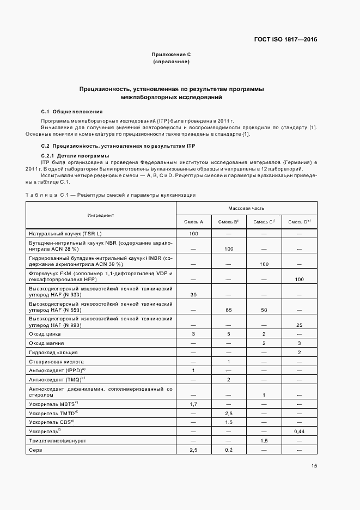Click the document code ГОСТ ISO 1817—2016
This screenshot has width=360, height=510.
tap(285, 39)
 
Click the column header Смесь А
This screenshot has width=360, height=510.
tap(193, 222)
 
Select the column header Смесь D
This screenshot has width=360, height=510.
tap(299, 222)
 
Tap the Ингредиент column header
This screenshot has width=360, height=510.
tap(101, 215)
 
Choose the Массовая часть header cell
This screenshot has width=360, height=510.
tap(246, 208)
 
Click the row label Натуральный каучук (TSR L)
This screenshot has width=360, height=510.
tap(65, 233)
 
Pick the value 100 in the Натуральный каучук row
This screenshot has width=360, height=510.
tap(193, 233)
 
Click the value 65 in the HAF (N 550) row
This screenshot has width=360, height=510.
tap(229, 309)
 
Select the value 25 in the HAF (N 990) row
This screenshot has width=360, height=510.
tap(299, 325)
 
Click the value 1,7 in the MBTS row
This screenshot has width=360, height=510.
tap(193, 403)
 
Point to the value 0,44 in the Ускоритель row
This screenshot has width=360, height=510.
tap(299, 431)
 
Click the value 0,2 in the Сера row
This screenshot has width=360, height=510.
tap(229, 450)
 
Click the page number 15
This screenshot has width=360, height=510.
tap(314, 466)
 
